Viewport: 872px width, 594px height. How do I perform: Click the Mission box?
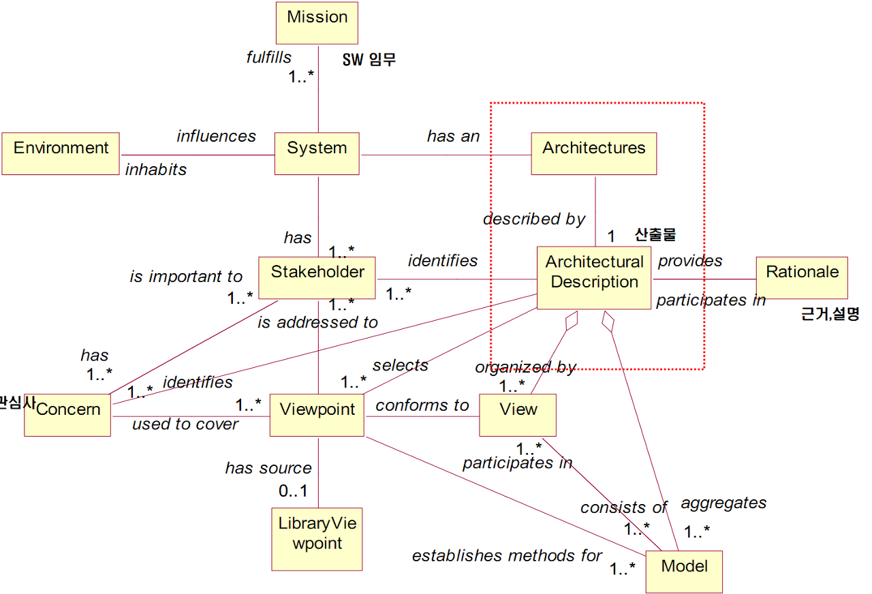point(317,23)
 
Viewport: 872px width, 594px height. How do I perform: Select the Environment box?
point(61,154)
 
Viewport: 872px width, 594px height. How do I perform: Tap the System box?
point(317,154)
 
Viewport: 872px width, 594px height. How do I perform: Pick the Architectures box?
point(593,154)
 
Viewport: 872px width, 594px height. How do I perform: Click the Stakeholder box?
point(317,278)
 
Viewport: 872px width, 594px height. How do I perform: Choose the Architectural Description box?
point(594,278)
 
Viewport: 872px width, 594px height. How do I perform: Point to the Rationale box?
point(802,277)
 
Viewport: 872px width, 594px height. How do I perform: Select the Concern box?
point(67,414)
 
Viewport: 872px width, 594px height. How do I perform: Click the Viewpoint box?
point(317,414)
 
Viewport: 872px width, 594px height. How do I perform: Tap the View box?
point(518,414)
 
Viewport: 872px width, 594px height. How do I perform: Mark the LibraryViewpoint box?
point(317,538)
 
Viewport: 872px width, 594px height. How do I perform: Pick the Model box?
point(683,572)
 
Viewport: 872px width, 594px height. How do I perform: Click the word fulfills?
point(269,57)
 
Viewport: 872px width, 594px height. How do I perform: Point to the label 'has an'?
point(453,136)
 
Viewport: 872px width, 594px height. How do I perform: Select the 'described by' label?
point(534,219)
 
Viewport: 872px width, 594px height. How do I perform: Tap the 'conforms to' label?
point(422,405)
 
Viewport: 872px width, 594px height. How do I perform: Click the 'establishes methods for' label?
point(507,556)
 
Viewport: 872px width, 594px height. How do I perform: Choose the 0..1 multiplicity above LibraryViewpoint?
point(293,490)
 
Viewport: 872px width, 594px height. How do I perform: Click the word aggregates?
point(723,503)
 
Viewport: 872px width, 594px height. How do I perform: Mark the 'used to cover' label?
point(185,424)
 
